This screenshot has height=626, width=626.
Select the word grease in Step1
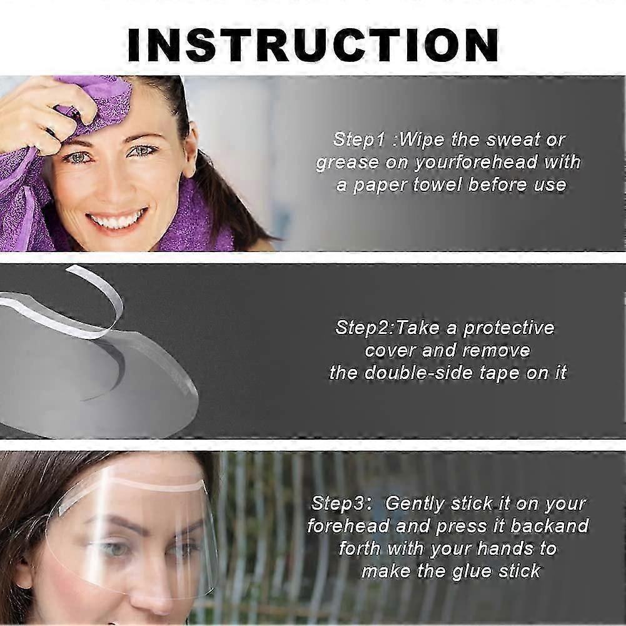coord(347,163)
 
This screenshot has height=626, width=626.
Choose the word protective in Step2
coord(508,327)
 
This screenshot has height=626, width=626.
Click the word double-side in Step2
coord(430,373)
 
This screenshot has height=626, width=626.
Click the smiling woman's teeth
coord(117,220)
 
